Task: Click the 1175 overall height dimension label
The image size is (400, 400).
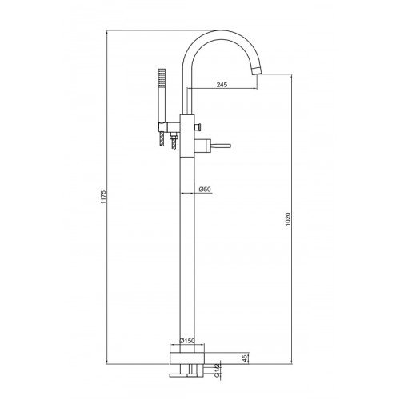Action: (104, 197)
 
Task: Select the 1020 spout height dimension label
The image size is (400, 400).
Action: (287, 219)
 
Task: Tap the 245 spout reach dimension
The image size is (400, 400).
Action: (222, 85)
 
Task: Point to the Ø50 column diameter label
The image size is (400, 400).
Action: (205, 189)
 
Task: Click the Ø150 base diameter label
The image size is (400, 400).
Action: (187, 341)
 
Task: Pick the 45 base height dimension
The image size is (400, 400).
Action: (246, 358)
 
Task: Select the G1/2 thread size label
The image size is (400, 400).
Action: (218, 371)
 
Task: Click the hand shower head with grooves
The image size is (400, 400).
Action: (162, 78)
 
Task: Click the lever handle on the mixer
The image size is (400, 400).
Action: (221, 146)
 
